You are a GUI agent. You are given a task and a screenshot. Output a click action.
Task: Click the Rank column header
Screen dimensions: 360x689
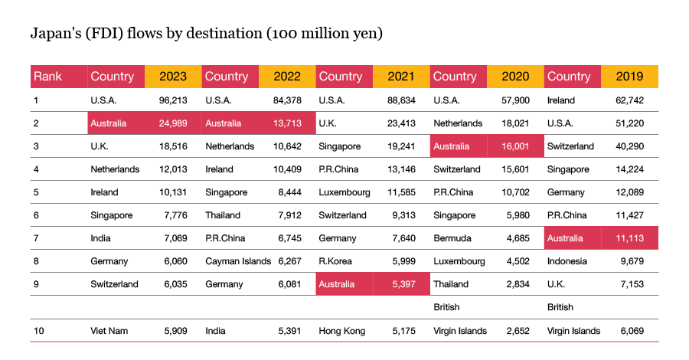(47, 77)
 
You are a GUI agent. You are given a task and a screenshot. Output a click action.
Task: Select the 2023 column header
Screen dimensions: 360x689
(173, 77)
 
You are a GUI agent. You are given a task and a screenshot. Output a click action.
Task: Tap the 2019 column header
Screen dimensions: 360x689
(629, 77)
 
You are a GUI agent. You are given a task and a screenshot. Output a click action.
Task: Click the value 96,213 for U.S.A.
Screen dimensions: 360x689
(174, 100)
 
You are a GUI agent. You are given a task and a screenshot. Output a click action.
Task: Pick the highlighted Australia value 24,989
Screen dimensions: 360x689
(174, 123)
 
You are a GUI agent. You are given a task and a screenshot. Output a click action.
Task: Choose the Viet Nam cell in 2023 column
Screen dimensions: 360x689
(109, 331)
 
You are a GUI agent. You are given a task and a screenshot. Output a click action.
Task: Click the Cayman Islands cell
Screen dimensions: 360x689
(238, 261)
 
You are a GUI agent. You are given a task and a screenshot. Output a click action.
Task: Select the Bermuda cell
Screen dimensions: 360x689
(452, 238)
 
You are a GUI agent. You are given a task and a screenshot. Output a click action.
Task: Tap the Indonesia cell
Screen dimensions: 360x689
(567, 261)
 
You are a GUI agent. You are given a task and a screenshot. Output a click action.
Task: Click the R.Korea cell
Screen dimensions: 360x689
(336, 261)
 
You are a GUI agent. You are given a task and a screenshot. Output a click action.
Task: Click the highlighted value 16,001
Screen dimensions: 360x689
(514, 146)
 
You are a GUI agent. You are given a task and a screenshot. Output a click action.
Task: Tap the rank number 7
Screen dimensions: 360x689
(35, 238)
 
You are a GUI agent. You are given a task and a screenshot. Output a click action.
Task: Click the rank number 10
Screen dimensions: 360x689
(38, 331)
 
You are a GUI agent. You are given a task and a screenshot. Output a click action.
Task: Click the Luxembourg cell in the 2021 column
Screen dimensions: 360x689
(344, 192)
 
